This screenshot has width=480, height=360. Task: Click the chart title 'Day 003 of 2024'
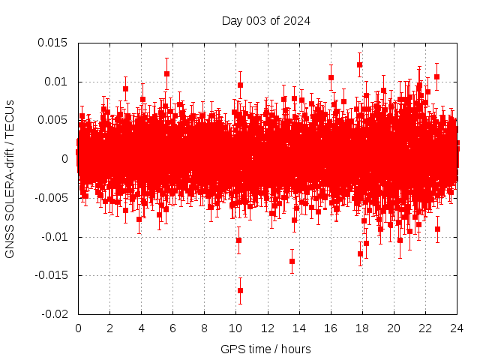[265, 20]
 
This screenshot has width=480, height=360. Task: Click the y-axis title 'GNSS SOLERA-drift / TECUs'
[10, 178]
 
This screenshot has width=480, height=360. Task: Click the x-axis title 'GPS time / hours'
[265, 349]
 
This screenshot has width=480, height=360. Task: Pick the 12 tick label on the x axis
[267, 328]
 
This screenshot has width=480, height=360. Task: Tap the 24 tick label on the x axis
[456, 328]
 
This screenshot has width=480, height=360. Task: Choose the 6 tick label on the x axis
[172, 328]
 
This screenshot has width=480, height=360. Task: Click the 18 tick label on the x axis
[361, 328]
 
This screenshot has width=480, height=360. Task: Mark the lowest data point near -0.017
[240, 290]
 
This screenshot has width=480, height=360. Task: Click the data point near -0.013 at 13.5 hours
[292, 261]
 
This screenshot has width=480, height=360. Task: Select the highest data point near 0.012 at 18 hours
[360, 64]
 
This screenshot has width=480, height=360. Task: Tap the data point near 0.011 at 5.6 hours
[166, 73]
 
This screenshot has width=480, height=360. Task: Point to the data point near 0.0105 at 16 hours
[331, 77]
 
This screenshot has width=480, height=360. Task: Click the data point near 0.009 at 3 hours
[125, 88]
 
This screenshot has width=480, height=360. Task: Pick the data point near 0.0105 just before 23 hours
[436, 76]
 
